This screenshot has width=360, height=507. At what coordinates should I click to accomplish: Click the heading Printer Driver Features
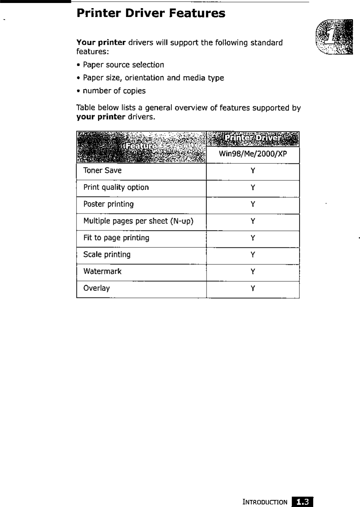click(151, 14)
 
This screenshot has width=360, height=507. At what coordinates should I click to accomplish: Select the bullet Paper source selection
click(123, 65)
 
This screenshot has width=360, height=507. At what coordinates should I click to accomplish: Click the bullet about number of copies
click(114, 91)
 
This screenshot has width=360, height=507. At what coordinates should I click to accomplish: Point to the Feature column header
click(141, 147)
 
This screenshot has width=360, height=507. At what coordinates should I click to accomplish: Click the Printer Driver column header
click(253, 139)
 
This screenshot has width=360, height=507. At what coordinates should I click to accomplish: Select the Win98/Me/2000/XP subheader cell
click(253, 154)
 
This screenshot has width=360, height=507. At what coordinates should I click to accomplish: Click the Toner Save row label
click(102, 170)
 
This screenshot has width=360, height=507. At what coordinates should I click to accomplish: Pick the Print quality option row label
click(116, 187)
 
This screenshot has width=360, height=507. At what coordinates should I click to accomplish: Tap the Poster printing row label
click(108, 204)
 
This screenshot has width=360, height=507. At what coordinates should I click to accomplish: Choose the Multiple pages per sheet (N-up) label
click(138, 221)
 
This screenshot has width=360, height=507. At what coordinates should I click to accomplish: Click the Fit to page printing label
click(116, 238)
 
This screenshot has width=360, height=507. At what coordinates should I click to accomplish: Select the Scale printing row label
click(107, 255)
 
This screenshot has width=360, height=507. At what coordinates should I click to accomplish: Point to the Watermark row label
click(102, 272)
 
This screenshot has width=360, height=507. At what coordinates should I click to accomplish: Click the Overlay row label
click(96, 288)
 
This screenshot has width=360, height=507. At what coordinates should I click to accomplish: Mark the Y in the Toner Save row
click(253, 171)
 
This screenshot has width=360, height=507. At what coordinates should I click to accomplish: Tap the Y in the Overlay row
click(253, 289)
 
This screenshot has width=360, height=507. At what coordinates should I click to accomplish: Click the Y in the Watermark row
click(253, 272)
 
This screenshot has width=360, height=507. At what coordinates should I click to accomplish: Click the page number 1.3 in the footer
click(303, 502)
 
